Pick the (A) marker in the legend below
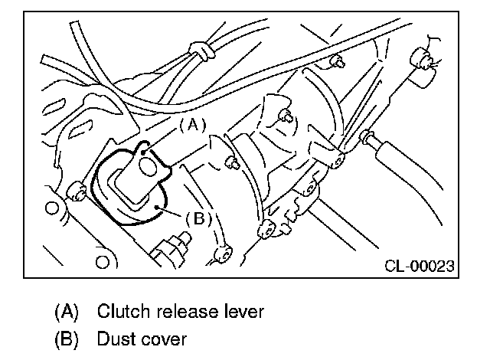pyautogui.click(x=67, y=312)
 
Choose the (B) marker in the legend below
pyautogui.click(x=67, y=337)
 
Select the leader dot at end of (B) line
pyautogui.click(x=158, y=207)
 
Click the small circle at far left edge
pyautogui.click(x=52, y=208)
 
